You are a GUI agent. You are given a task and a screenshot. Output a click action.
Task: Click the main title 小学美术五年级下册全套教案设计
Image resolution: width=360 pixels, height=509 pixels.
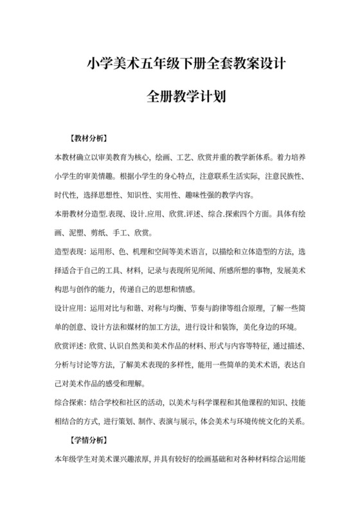click(x=181, y=64)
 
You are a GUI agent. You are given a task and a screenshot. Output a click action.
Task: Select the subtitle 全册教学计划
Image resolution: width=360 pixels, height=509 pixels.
click(x=181, y=98)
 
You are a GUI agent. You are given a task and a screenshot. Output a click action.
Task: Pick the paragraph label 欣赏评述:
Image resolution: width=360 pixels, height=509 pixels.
click(x=69, y=346)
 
